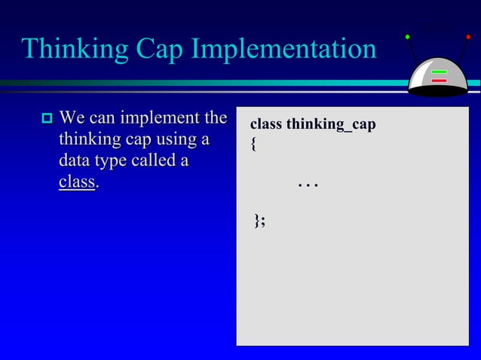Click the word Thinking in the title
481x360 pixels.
[x=75, y=50]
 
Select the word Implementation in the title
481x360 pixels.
[x=284, y=50]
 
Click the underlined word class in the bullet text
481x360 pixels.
[x=77, y=183]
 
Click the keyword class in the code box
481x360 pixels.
[x=265, y=124]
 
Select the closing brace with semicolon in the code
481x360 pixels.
[x=259, y=220]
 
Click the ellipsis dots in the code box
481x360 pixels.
[x=307, y=184]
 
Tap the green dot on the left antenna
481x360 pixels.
[x=407, y=36]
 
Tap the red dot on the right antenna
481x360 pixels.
[x=468, y=36]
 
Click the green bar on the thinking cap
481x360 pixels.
[x=439, y=73]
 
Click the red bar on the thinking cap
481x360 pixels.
[x=439, y=81]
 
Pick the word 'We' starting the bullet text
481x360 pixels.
[x=72, y=118]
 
